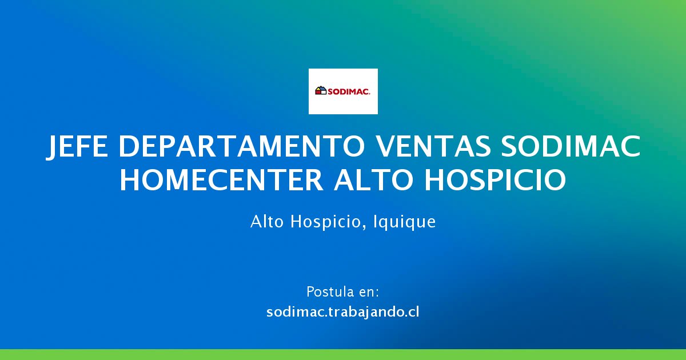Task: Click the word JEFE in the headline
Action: [x=77, y=147]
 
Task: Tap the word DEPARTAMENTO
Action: [x=241, y=146]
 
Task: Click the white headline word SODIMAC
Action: [x=571, y=146]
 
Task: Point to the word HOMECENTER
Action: [x=222, y=180]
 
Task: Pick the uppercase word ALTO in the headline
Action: [x=374, y=180]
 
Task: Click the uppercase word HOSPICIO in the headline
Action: [x=495, y=180]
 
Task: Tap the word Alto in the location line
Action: [x=267, y=221]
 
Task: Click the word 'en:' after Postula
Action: [x=369, y=293]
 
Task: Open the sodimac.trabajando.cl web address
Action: [x=343, y=313]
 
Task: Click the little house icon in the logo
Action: [x=321, y=91]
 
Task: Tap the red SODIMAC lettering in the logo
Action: [x=349, y=91]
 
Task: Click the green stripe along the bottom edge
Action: [x=343, y=354]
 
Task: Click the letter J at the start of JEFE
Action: [x=53, y=147]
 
